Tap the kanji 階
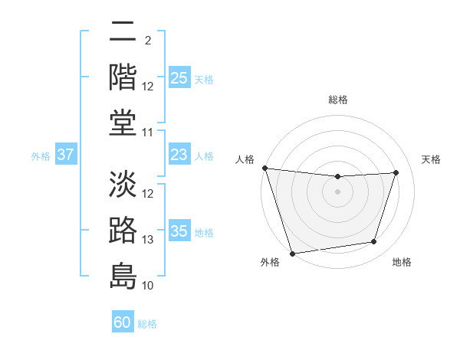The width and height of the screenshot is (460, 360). click(x=123, y=77)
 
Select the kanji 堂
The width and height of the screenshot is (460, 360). click(x=123, y=123)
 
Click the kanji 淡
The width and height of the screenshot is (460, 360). click(x=123, y=184)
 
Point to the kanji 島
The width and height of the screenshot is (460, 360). click(x=123, y=276)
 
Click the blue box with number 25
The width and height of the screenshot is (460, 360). click(x=179, y=78)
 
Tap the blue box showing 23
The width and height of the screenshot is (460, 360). click(x=179, y=155)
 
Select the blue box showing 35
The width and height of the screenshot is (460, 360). click(x=179, y=231)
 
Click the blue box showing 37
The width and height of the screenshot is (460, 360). click(x=66, y=155)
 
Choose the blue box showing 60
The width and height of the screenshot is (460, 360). click(x=123, y=322)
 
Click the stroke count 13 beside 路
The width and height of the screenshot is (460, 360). click(x=148, y=240)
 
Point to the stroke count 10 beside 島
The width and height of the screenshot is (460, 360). click(x=148, y=286)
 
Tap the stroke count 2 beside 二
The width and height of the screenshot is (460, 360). click(x=148, y=40)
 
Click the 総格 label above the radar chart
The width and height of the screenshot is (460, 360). click(x=337, y=100)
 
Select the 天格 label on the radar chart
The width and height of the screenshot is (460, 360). click(x=432, y=159)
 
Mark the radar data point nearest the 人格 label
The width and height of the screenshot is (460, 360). click(x=264, y=168)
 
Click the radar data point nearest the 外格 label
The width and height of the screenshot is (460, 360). click(x=292, y=253)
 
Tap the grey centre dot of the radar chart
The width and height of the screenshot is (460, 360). click(x=337, y=191)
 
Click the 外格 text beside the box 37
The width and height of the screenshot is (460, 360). click(x=41, y=156)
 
